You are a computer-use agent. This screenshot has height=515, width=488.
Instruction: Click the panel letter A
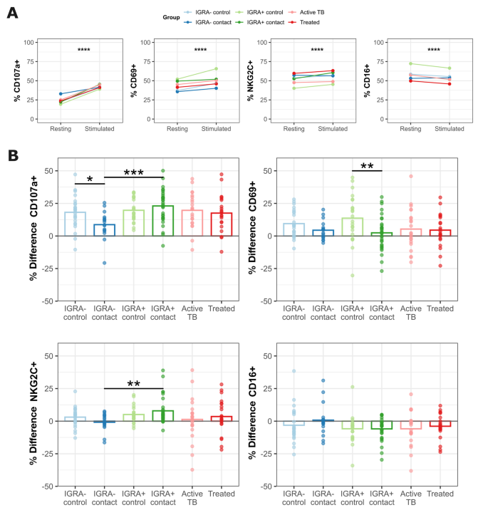[12, 12]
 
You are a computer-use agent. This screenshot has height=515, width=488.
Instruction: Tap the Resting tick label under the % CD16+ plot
[410, 128]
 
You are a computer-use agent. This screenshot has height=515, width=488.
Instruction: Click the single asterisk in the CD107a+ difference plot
[90, 179]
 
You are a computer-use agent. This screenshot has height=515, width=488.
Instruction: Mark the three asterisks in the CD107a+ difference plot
[134, 173]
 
